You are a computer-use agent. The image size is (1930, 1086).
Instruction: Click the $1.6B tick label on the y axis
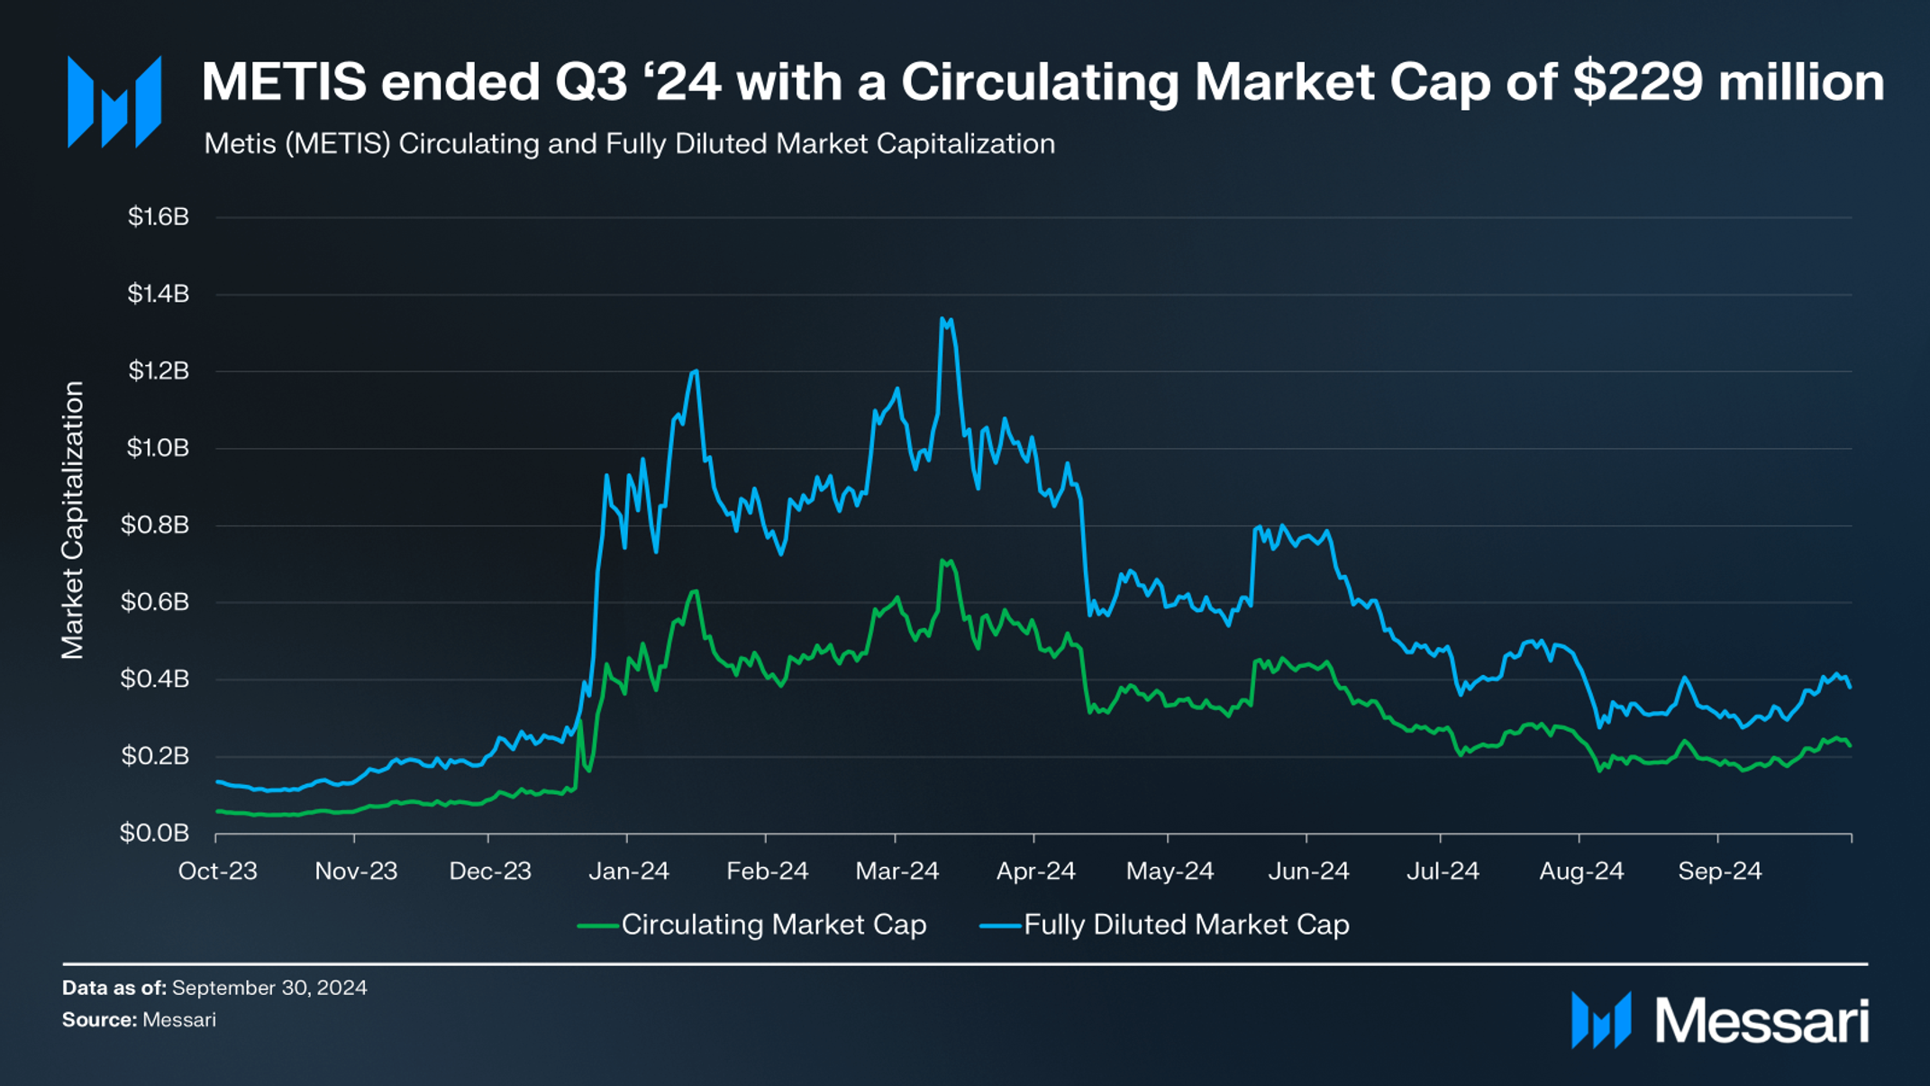[159, 216]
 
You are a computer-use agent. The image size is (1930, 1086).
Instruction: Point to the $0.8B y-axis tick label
[155, 525]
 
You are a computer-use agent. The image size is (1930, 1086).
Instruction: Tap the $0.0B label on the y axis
[155, 833]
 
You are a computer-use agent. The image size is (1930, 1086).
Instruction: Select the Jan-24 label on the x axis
[629, 872]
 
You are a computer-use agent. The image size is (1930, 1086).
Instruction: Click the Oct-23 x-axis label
[218, 872]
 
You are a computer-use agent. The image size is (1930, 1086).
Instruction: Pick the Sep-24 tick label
[1719, 872]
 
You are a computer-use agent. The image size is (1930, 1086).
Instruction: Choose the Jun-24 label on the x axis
[1308, 872]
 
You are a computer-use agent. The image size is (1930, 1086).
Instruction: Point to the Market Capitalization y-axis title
[73, 520]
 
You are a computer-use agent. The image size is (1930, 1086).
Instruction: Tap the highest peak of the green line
[944, 561]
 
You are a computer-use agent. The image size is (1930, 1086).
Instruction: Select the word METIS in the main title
[284, 82]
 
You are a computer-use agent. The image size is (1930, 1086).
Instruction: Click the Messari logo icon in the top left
[114, 102]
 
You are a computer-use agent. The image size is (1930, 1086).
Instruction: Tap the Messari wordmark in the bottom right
[1762, 1021]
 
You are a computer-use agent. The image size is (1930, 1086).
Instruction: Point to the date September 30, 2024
[269, 988]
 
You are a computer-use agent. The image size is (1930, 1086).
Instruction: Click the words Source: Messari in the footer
[139, 1020]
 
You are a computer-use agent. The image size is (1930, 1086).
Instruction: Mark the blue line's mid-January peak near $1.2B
[695, 371]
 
